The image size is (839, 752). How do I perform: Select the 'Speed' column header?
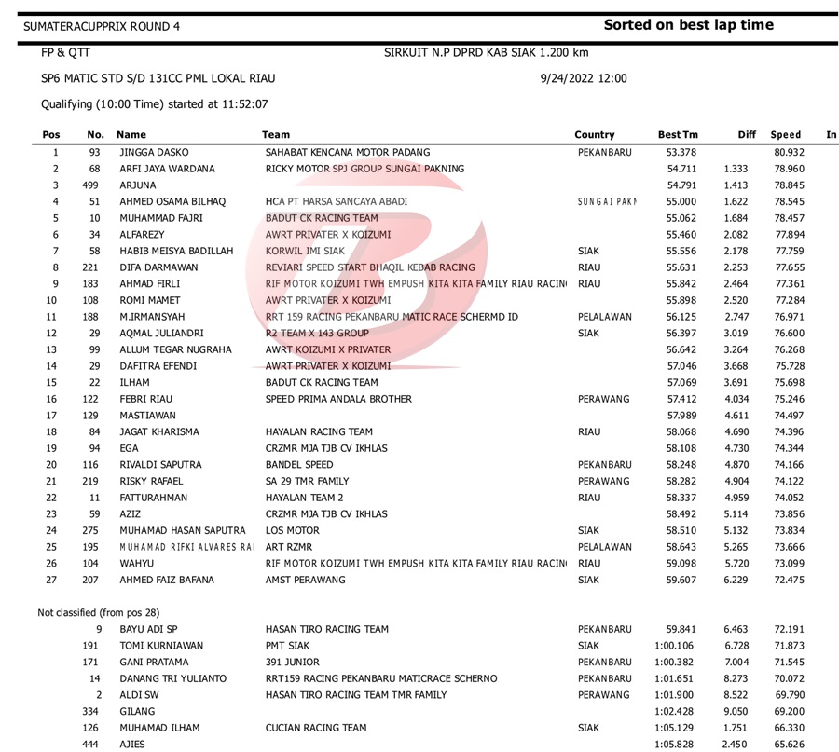[786, 135]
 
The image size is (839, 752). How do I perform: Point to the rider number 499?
[91, 185]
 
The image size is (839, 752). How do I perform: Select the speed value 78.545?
[791, 200]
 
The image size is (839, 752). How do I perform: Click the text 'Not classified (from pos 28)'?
[98, 612]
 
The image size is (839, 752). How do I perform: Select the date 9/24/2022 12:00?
[583, 78]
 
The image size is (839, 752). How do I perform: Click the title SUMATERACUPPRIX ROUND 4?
[103, 26]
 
